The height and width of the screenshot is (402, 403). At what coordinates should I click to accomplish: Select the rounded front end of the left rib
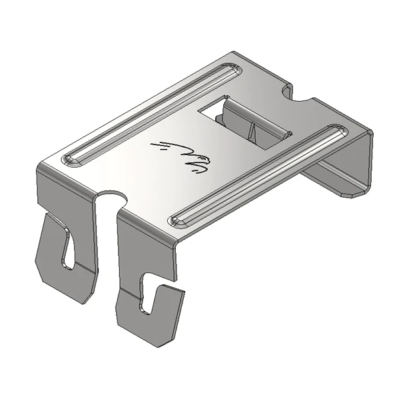coord(70,160)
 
